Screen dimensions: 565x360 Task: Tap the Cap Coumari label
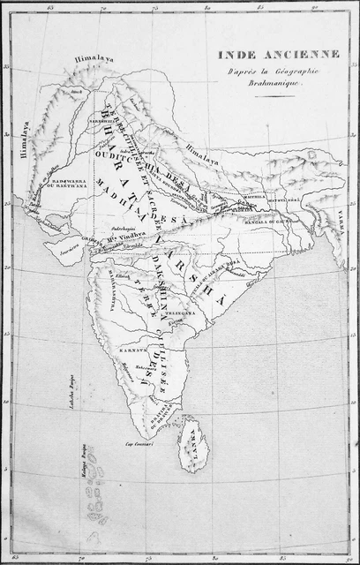click(139, 443)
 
